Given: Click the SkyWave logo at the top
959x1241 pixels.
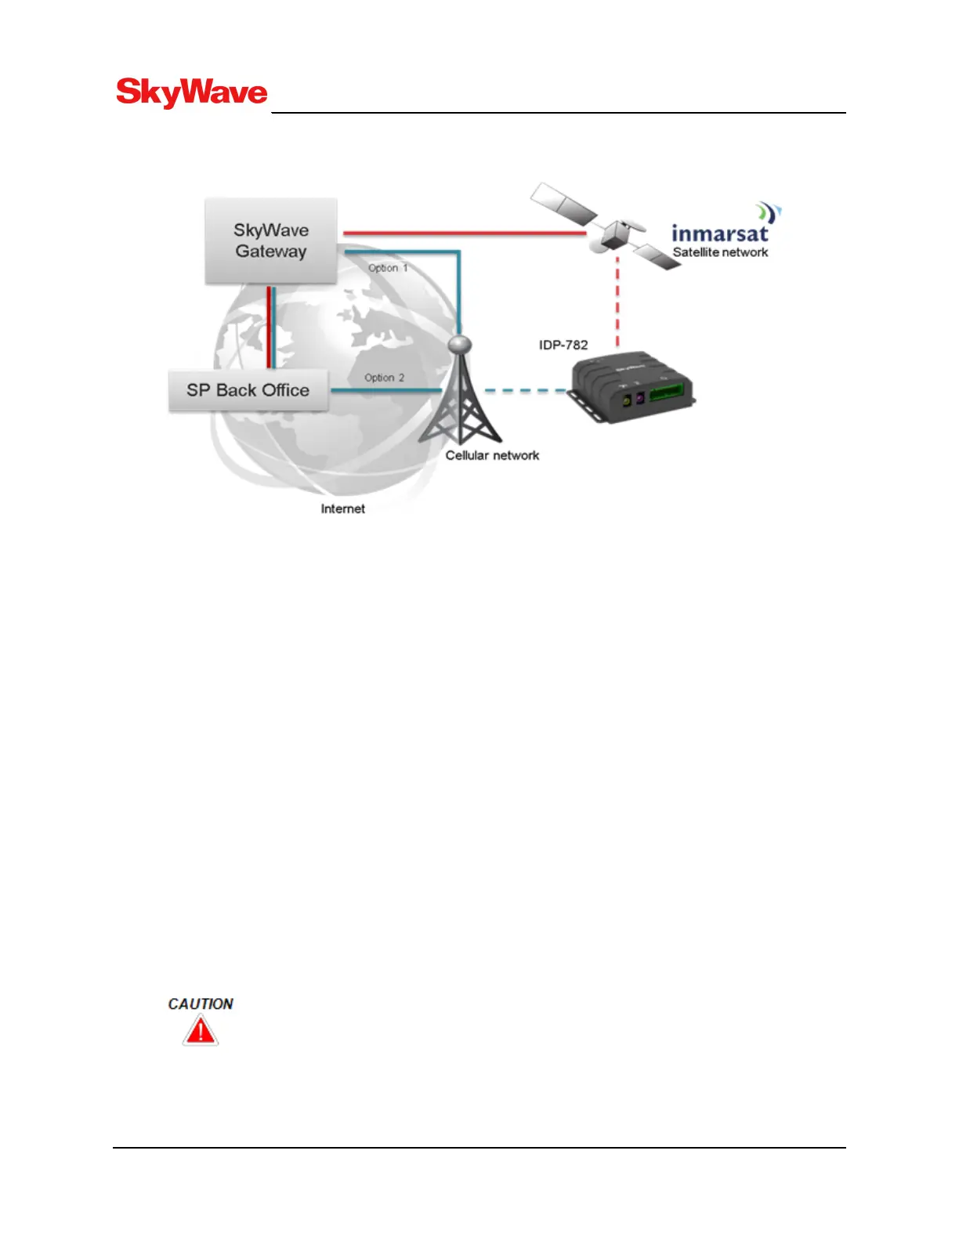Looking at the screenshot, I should (192, 92).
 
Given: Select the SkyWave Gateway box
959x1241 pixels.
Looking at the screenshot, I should (271, 241).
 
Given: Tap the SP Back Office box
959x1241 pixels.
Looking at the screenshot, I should (248, 390).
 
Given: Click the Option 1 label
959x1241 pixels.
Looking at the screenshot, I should (388, 268).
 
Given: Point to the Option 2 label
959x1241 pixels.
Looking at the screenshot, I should (384, 378).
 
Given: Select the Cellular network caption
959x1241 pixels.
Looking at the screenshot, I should (492, 455).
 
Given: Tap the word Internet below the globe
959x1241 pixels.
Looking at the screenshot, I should (342, 508).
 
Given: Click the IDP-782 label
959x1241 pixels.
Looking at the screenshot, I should (563, 345).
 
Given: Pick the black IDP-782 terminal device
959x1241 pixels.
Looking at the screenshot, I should (631, 388).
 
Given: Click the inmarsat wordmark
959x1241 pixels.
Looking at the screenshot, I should (720, 233).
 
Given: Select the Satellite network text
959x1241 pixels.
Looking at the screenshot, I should (720, 252).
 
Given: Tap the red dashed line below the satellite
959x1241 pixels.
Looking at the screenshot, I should (617, 306).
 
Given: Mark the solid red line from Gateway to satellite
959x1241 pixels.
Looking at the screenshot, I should (462, 233).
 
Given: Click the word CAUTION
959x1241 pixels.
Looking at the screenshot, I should (201, 1004).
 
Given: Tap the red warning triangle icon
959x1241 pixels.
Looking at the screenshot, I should (201, 1032).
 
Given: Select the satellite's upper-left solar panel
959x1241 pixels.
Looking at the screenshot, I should (565, 203).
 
